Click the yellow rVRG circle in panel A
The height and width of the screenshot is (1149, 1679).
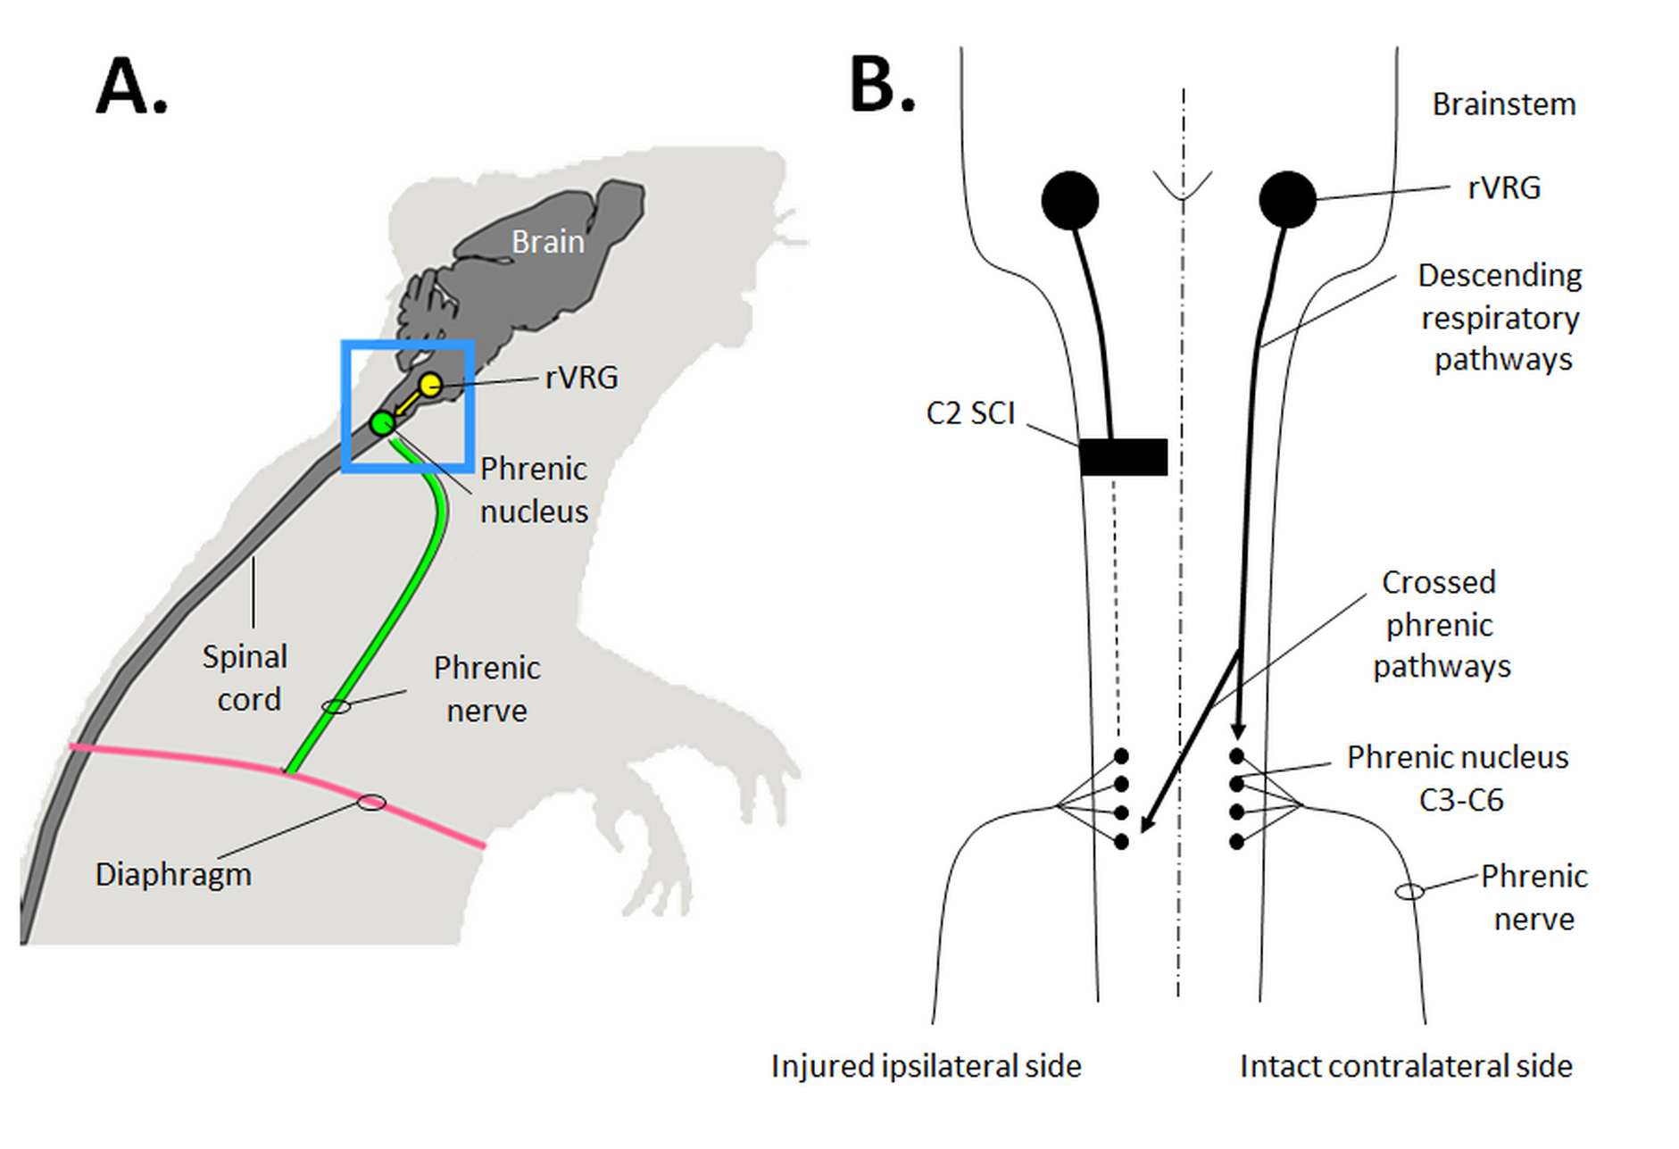(430, 385)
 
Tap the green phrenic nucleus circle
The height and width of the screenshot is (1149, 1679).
(383, 423)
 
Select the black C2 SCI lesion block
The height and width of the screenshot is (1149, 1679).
(1123, 456)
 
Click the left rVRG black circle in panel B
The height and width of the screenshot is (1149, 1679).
(1070, 200)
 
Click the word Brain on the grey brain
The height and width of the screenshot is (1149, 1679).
(547, 241)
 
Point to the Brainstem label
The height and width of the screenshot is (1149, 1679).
(1504, 104)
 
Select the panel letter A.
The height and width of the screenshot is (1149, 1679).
(131, 86)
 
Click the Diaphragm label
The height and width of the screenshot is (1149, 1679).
(173, 875)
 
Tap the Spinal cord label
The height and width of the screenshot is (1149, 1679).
(245, 678)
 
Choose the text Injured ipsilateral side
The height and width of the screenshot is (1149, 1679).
(926, 1066)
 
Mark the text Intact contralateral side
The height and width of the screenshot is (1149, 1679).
(1406, 1066)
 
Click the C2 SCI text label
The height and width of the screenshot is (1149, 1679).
(970, 413)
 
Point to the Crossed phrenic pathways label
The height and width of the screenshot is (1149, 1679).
(1441, 624)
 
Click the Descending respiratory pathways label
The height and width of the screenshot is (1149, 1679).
(1500, 317)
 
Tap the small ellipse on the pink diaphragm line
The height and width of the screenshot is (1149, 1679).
(371, 803)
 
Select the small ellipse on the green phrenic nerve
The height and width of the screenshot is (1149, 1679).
(336, 707)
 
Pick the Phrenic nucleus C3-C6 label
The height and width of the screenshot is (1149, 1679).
(1458, 778)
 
